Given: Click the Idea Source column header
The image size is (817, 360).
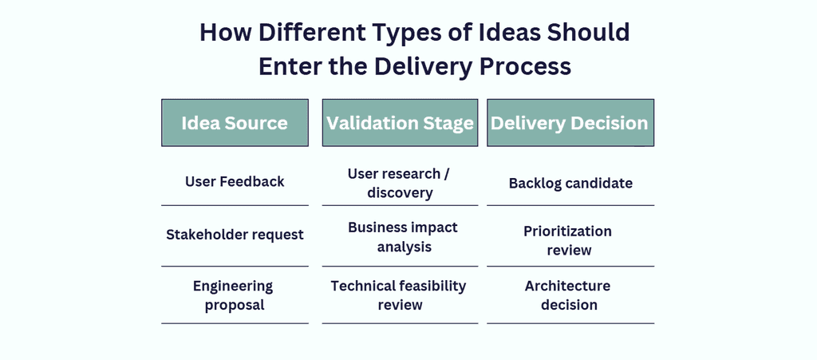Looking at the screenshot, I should pyautogui.click(x=235, y=123).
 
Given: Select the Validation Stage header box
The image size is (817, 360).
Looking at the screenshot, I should pyautogui.click(x=400, y=123).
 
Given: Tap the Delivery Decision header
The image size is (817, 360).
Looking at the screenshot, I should pyautogui.click(x=570, y=123).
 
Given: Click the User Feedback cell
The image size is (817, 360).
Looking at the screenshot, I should pyautogui.click(x=235, y=182).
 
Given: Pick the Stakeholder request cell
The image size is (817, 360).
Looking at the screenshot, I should pyautogui.click(x=235, y=235).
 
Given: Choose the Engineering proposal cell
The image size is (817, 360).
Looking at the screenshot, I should pyautogui.click(x=233, y=295).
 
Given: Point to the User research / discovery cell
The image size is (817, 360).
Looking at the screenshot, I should pyautogui.click(x=400, y=183).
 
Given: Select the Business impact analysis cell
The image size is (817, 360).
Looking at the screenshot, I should pyautogui.click(x=402, y=237).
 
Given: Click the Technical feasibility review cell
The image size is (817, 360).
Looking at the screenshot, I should pyautogui.click(x=399, y=295).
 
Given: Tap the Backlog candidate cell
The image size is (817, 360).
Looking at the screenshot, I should pyautogui.click(x=570, y=184).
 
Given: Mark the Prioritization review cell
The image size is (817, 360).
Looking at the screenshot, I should pyautogui.click(x=568, y=240).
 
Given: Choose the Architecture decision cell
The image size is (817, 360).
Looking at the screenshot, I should pyautogui.click(x=568, y=295).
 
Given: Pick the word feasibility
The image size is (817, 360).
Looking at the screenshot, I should pyautogui.click(x=428, y=286).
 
